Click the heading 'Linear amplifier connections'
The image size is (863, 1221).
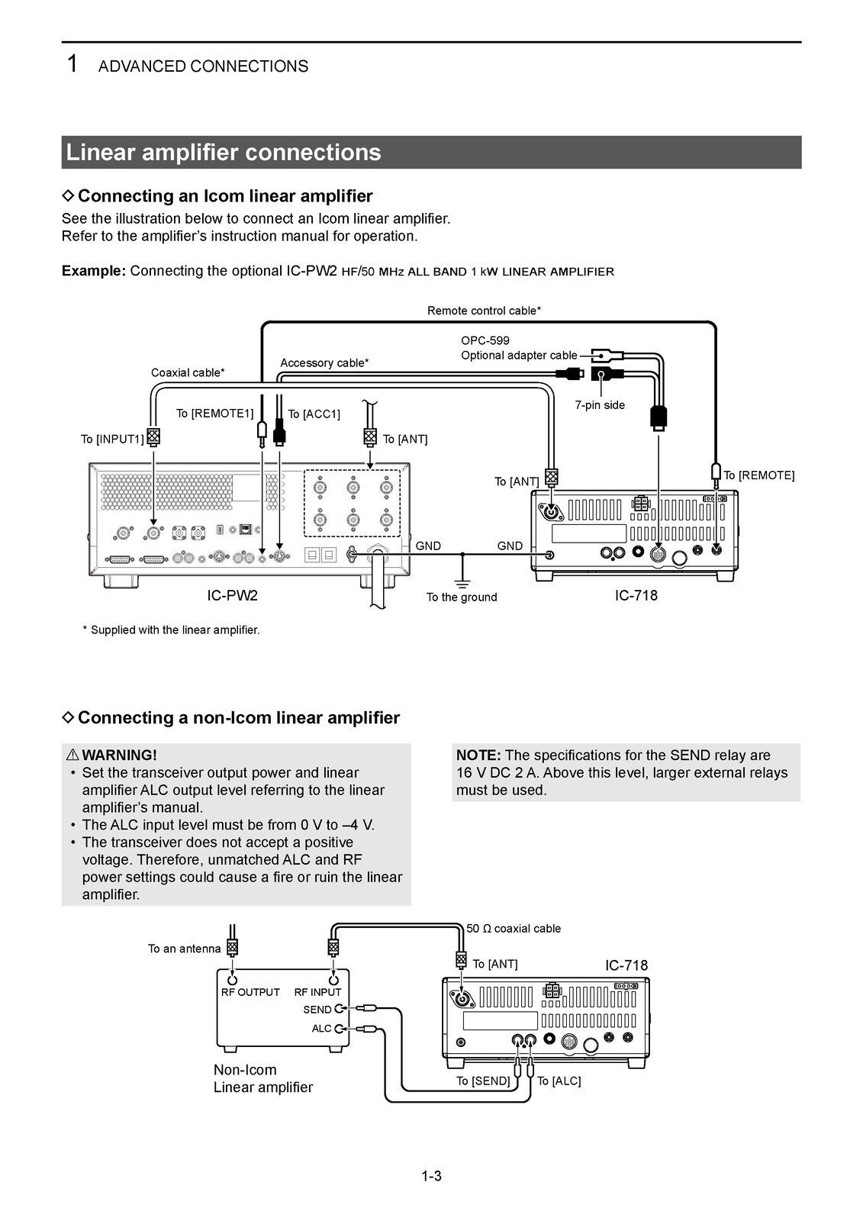click(224, 153)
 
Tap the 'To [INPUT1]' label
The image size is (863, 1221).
click(112, 439)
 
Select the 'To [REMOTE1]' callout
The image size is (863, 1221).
click(214, 413)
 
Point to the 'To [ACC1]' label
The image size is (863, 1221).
click(314, 414)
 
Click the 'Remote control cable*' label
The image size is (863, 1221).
click(484, 311)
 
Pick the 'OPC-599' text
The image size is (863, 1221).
click(485, 340)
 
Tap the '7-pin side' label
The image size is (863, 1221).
click(599, 404)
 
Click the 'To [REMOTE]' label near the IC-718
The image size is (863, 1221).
click(758, 475)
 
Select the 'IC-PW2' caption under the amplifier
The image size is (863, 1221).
click(232, 595)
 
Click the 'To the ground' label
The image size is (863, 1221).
click(462, 597)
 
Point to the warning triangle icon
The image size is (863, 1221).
click(72, 755)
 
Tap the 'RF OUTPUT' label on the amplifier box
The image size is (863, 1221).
click(250, 992)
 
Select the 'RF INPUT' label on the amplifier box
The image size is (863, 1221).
click(317, 992)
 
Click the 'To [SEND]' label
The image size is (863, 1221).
click(482, 1081)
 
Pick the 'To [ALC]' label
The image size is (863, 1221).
click(559, 1081)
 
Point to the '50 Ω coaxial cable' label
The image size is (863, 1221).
click(513, 929)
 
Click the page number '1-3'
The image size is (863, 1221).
click(431, 1176)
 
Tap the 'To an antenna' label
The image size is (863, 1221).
click(184, 949)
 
